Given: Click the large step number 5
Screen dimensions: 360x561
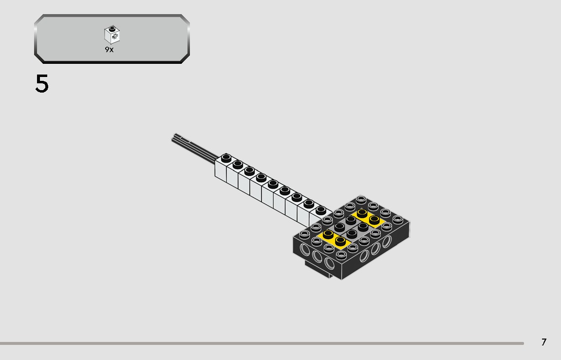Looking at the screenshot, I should pos(42,84).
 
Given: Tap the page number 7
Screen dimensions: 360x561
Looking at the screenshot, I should pos(543,342).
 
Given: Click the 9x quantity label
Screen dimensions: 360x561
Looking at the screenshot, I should pos(109,50).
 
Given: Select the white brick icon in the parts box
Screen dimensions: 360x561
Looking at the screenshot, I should pos(112,35).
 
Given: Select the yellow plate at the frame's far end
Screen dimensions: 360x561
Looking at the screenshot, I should pos(369,217).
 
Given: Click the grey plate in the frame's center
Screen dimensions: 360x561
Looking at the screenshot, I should pos(351,227).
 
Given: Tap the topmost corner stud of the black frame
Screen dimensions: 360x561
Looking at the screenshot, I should pos(361,199).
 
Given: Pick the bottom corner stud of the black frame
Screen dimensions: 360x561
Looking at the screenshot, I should pos(340,254).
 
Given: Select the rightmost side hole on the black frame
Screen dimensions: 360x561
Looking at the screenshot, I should pos(387,243).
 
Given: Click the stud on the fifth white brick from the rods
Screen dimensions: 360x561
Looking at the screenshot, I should pos(273,184).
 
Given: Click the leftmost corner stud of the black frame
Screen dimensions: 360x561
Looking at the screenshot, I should pos(304,234).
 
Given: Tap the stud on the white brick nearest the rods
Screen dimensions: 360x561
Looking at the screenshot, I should pos(226,158).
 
